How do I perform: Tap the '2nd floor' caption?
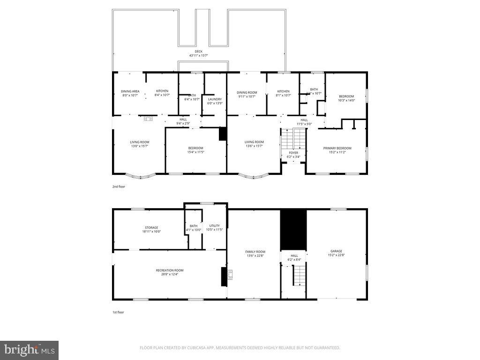[x=119, y=186]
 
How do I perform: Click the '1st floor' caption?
[x=118, y=312]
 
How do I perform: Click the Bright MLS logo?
[x=29, y=350]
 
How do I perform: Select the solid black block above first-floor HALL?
[x=293, y=230]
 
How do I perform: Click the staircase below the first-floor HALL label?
[x=299, y=275]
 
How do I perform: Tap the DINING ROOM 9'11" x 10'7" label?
[x=247, y=93]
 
